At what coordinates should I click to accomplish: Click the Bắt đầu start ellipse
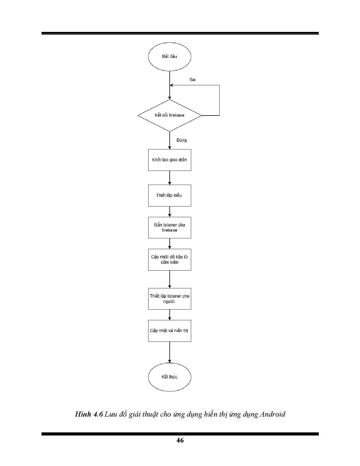click(169, 56)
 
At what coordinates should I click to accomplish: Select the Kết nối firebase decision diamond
click(169, 115)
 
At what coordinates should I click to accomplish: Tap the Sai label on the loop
click(192, 80)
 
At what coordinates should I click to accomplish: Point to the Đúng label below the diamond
click(182, 140)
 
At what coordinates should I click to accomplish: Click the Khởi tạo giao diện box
click(169, 160)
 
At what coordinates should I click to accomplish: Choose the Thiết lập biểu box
click(169, 195)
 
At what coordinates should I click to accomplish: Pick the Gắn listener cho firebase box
click(169, 227)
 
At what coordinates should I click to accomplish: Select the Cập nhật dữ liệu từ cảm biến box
click(169, 260)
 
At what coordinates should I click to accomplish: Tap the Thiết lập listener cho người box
click(169, 299)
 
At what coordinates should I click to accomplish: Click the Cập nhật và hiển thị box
click(169, 331)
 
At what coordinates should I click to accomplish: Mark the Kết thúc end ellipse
click(169, 377)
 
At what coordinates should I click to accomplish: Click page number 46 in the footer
click(180, 440)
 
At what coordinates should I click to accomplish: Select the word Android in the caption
click(272, 414)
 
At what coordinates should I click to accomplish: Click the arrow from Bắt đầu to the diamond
click(170, 85)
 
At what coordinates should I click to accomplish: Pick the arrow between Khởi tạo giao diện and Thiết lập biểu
click(170, 178)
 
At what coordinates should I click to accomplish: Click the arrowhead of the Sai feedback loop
click(171, 85)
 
